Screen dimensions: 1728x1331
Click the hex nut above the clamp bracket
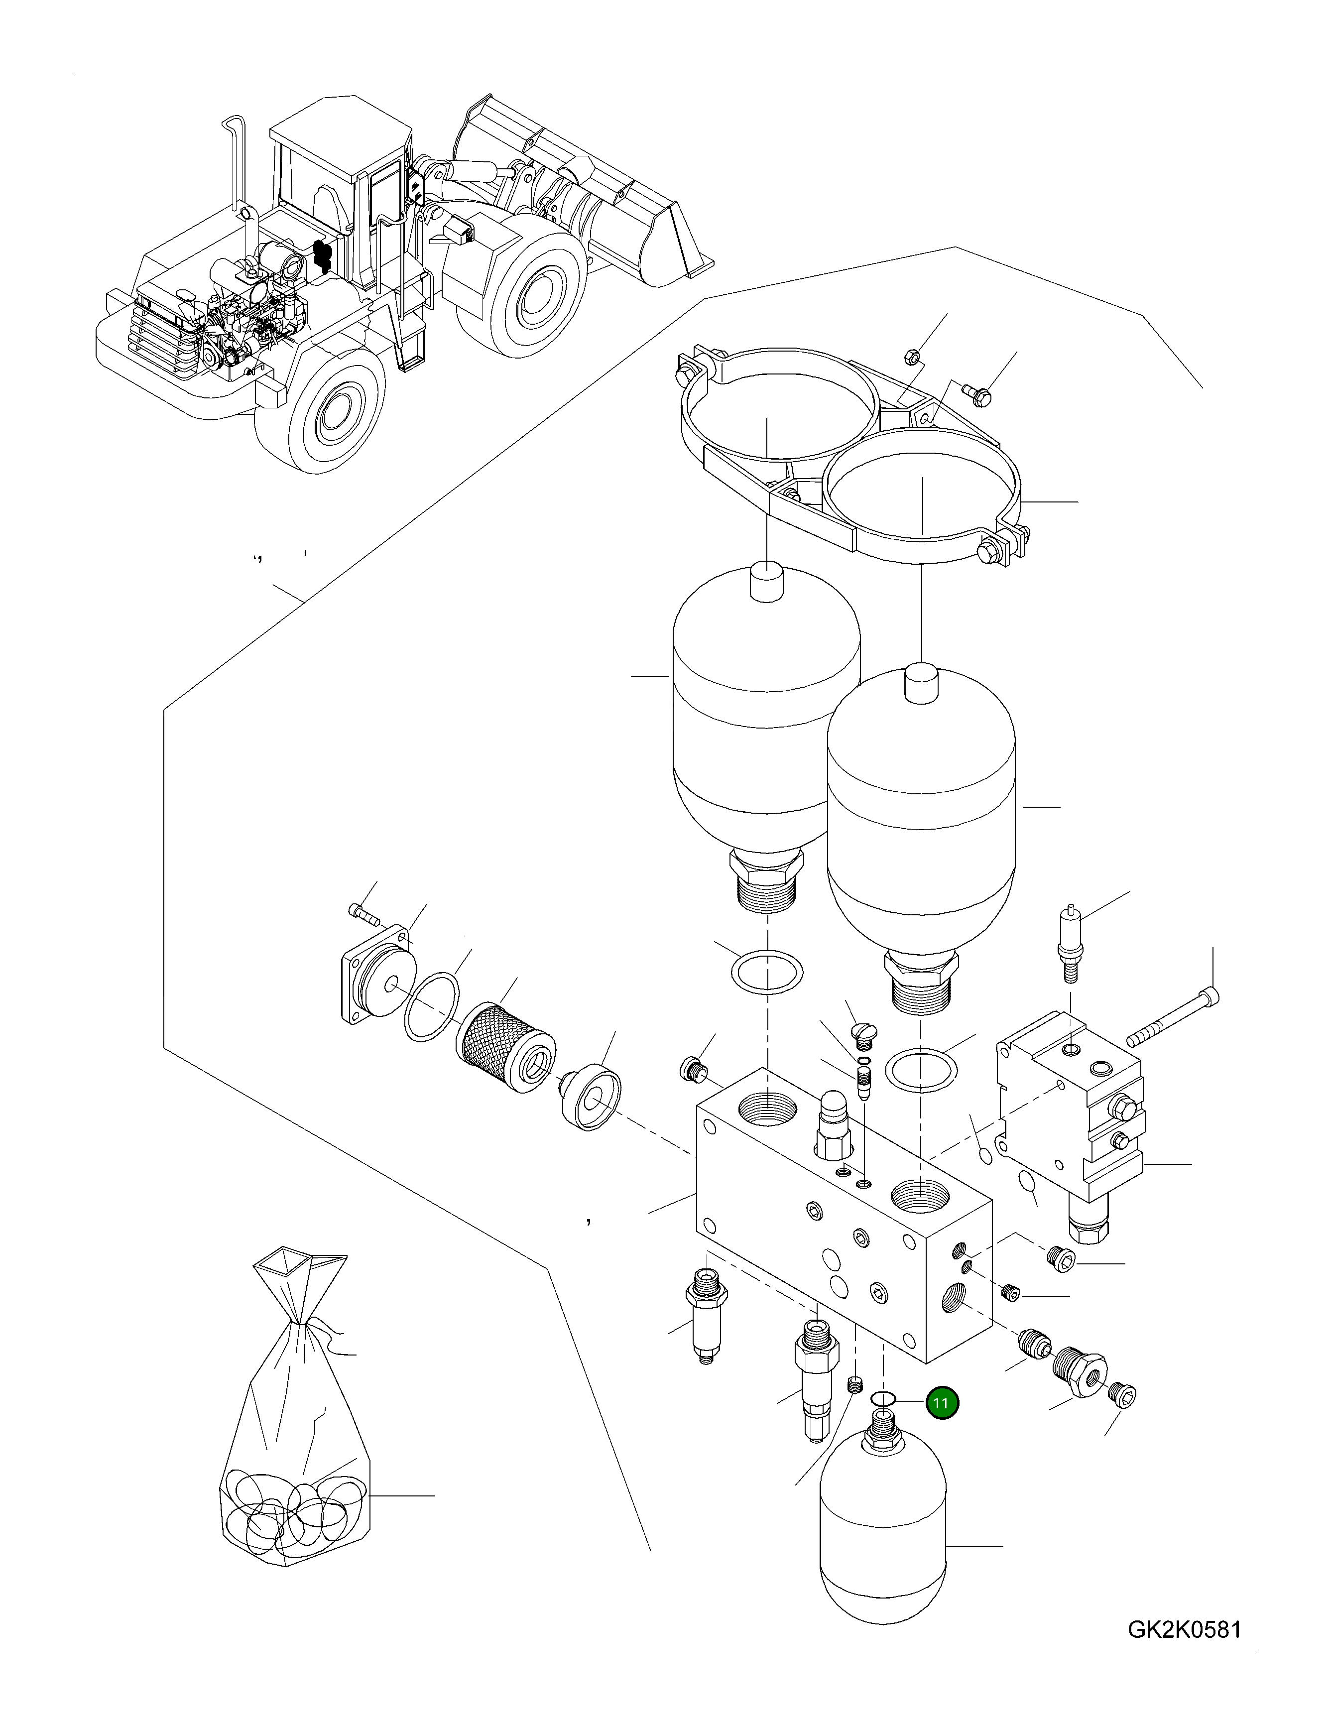(x=911, y=358)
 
